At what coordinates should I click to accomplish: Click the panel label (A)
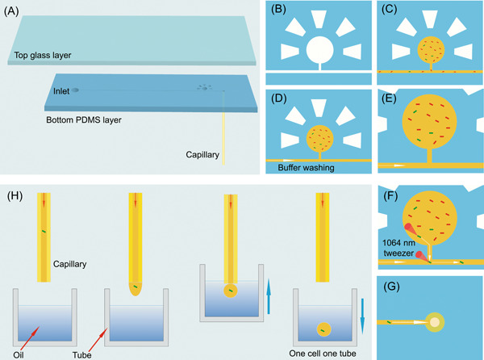coord(15,9)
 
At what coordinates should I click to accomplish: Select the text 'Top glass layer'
coord(43,57)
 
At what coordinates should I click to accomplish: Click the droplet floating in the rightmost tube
coord(323,328)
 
